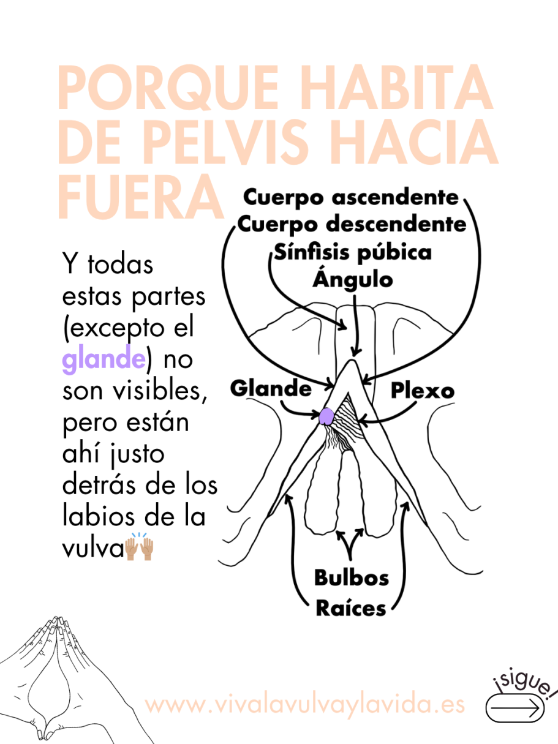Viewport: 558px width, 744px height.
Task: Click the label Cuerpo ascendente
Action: click(x=351, y=198)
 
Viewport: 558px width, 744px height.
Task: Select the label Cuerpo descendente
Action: click(x=352, y=225)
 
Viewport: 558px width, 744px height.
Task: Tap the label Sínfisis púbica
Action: click(x=353, y=253)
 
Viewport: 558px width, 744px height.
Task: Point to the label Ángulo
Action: click(x=353, y=279)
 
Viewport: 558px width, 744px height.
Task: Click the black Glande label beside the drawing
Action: click(x=271, y=388)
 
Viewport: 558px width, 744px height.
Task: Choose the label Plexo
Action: click(x=423, y=391)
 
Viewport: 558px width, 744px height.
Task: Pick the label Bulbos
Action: click(x=352, y=577)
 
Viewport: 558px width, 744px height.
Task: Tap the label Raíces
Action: click(x=351, y=608)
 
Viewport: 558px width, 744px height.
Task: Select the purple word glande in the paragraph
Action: click(x=104, y=359)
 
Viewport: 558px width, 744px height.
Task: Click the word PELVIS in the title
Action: click(x=226, y=141)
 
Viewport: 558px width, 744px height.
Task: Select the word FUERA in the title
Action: click(x=141, y=197)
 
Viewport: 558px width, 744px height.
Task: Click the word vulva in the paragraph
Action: click(x=92, y=548)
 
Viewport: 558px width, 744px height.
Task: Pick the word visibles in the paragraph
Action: click(x=160, y=390)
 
